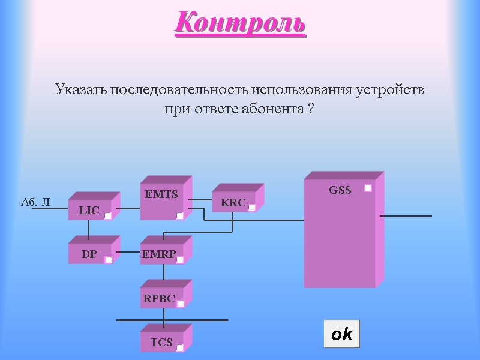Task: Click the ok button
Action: [341, 334]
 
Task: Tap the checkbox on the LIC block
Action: [107, 215]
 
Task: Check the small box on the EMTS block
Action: [179, 215]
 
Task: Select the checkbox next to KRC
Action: [252, 208]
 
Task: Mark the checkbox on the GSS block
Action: [368, 188]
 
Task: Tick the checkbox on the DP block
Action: [108, 260]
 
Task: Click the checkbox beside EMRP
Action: [179, 260]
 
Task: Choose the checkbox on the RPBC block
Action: [180, 304]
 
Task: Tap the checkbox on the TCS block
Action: [179, 347]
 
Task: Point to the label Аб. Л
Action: [35, 203]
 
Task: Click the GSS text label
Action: [340, 190]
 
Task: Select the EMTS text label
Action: [161, 194]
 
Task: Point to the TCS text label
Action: [161, 343]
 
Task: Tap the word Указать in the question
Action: [80, 91]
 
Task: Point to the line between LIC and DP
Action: [88, 229]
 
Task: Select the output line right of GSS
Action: [406, 215]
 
